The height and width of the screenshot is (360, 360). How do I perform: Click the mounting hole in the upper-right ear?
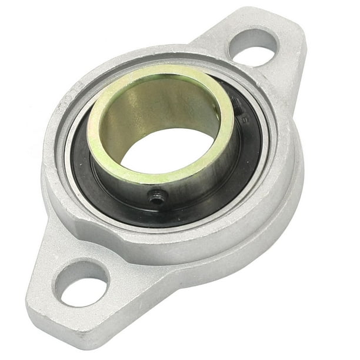(253, 48)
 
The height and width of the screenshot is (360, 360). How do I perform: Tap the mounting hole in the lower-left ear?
(82, 284)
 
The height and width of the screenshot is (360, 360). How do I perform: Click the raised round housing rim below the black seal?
(176, 235)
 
